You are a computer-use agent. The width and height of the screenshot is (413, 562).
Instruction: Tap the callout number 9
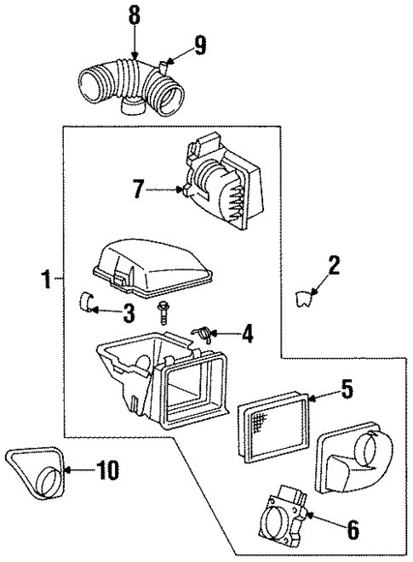coord(199,45)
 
